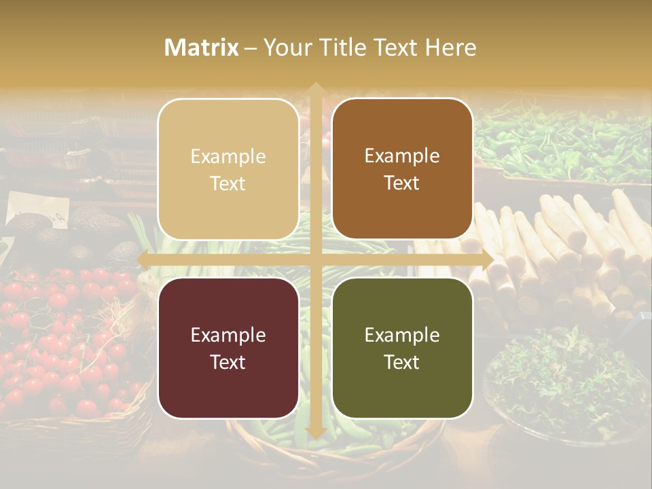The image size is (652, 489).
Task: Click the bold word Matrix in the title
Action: (x=202, y=48)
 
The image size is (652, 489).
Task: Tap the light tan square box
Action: (x=228, y=169)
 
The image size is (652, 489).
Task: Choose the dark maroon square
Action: (x=228, y=348)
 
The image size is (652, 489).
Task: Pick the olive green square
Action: (x=402, y=348)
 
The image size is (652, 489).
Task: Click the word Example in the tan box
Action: (x=228, y=156)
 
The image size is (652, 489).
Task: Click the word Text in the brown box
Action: (x=402, y=183)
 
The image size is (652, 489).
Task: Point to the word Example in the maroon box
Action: (x=228, y=335)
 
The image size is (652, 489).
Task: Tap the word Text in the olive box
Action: (x=402, y=362)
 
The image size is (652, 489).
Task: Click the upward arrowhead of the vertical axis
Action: (x=315, y=88)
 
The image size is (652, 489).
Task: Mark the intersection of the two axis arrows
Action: (x=315, y=259)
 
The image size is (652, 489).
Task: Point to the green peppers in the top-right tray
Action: (x=564, y=143)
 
